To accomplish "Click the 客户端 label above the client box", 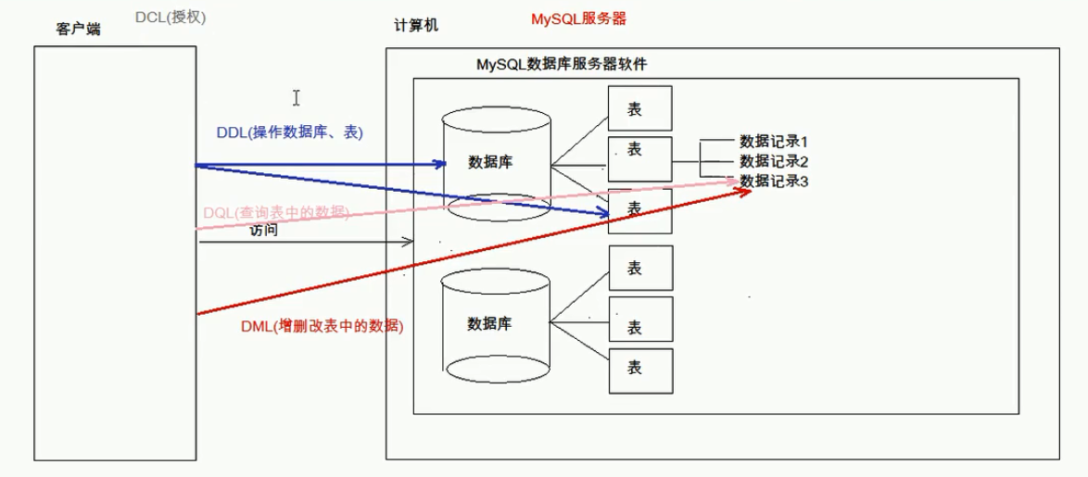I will [78, 29].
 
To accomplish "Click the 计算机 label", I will [416, 26].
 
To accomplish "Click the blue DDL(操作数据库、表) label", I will [289, 132].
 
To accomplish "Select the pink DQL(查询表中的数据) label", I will [275, 213].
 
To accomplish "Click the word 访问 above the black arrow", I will [263, 231].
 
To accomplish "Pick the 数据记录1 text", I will [775, 142].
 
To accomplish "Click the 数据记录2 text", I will [775, 162].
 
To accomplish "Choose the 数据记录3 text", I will [775, 182].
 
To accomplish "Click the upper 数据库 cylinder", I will [498, 164].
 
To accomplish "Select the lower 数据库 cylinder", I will [498, 325].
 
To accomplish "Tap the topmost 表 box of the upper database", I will [640, 108].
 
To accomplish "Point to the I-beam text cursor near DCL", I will [296, 97].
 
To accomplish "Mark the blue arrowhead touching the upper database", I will [440, 165].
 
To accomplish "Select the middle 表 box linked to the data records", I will [640, 158].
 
